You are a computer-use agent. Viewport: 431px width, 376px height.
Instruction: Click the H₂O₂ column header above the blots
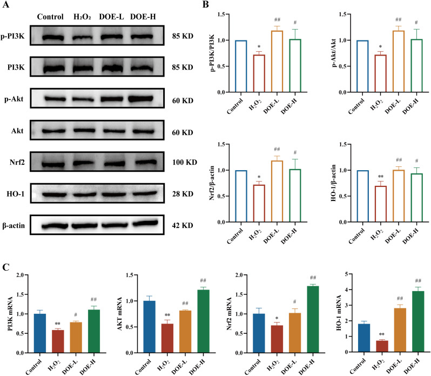pyautogui.click(x=83, y=15)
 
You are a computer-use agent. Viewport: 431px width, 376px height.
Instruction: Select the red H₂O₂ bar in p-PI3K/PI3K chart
pyautogui.click(x=261, y=73)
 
